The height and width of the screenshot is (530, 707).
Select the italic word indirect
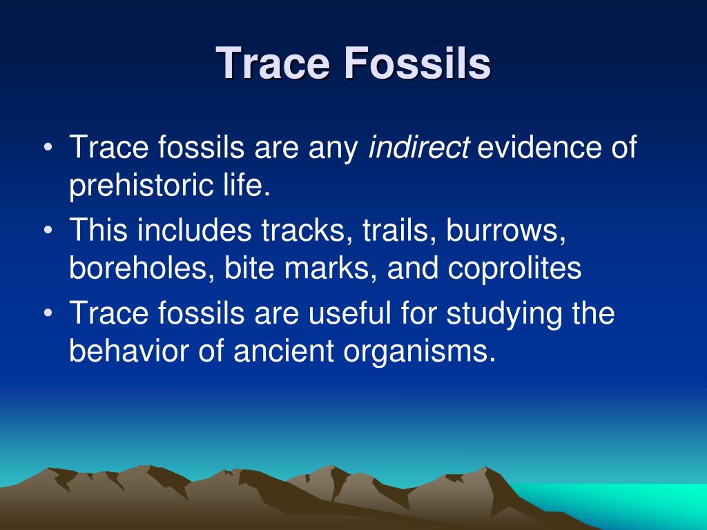(x=419, y=148)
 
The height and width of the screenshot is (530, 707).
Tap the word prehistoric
(x=141, y=186)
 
